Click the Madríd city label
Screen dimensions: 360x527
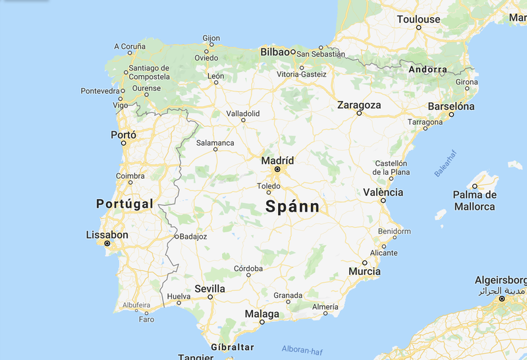pyautogui.click(x=277, y=160)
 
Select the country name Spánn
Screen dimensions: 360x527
pyautogui.click(x=292, y=206)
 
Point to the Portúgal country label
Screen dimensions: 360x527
pyautogui.click(x=125, y=204)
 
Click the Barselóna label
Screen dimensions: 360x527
pyautogui.click(x=451, y=105)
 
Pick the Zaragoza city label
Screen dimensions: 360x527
pyautogui.click(x=359, y=105)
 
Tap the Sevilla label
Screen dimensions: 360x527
pyautogui.click(x=209, y=289)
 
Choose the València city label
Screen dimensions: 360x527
pyautogui.click(x=383, y=192)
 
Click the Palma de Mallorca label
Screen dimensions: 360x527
pyautogui.click(x=474, y=200)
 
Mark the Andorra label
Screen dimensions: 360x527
pyautogui.click(x=428, y=69)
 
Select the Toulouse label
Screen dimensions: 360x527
pyautogui.click(x=418, y=19)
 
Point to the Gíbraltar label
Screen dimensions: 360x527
pyautogui.click(x=233, y=347)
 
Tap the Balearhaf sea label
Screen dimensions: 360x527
pyautogui.click(x=445, y=164)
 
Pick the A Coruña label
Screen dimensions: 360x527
pyautogui.click(x=130, y=46)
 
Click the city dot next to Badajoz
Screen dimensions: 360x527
pyautogui.click(x=177, y=236)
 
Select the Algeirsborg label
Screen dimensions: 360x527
pyautogui.click(x=501, y=280)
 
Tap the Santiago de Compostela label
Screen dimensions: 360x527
pyautogui.click(x=149, y=72)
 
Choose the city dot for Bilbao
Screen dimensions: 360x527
pyautogui.click(x=292, y=51)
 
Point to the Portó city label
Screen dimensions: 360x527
pyautogui.click(x=123, y=135)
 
